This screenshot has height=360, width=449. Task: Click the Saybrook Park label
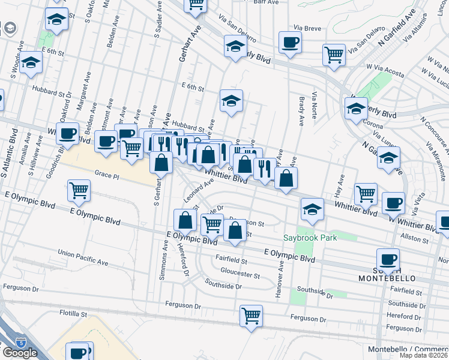310,238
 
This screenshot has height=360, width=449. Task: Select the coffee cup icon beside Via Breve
290,43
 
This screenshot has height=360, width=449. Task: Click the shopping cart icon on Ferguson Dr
251,315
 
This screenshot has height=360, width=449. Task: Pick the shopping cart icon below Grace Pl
79,191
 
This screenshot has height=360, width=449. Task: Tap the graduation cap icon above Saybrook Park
312,209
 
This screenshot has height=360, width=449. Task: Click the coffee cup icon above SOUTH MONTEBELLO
388,259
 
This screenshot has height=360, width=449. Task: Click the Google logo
19,353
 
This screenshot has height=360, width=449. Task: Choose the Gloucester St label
240,276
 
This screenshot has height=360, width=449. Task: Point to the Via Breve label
307,28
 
